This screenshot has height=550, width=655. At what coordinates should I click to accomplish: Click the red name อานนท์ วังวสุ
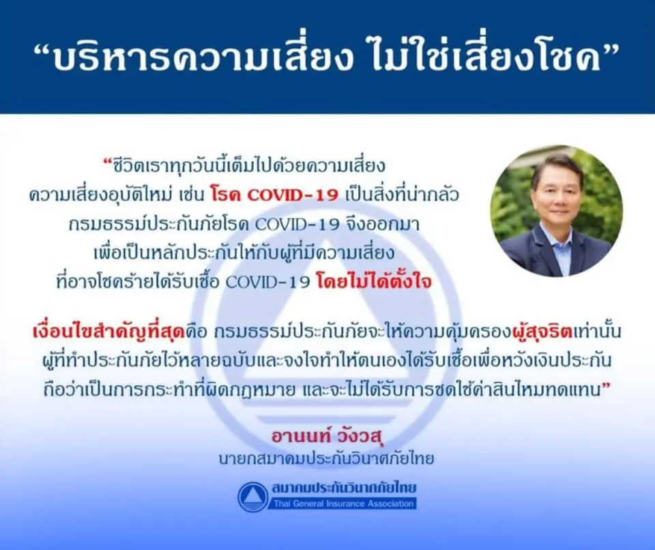[x=327, y=436]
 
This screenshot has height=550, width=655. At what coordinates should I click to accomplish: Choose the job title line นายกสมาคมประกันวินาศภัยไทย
[x=327, y=459]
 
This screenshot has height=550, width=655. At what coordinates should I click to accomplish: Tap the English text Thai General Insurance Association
[x=343, y=504]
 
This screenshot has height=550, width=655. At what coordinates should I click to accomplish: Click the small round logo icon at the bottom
[x=252, y=497]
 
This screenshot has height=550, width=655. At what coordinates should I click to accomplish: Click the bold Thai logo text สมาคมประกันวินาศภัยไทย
[x=344, y=488]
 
